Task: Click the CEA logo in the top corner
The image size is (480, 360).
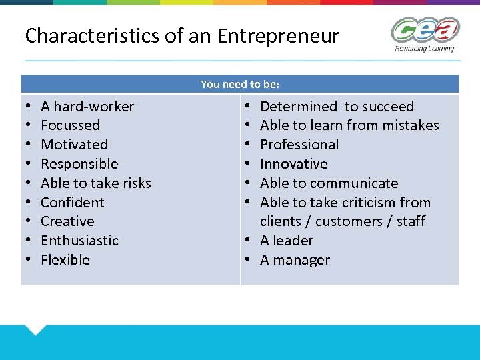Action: pyautogui.click(x=425, y=33)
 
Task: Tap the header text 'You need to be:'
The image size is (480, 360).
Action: pyautogui.click(x=240, y=84)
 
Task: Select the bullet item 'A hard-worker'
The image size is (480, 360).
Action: pyautogui.click(x=87, y=107)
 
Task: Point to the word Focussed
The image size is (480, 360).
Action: pyautogui.click(x=70, y=125)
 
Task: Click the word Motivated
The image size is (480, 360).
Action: pyautogui.click(x=74, y=145)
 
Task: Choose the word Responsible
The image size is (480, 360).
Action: pyautogui.click(x=79, y=164)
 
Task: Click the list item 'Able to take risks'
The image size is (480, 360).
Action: pyautogui.click(x=96, y=183)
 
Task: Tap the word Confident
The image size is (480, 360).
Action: pyautogui.click(x=73, y=203)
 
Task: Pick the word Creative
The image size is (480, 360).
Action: pyautogui.click(x=67, y=221)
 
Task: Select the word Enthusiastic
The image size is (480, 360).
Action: pyautogui.click(x=79, y=241)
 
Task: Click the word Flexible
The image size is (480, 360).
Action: pyautogui.click(x=65, y=260)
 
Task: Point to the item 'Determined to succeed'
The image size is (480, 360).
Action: pyautogui.click(x=337, y=107)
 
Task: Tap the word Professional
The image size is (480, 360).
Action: pyautogui.click(x=299, y=145)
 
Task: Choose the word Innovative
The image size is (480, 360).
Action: pyautogui.click(x=294, y=164)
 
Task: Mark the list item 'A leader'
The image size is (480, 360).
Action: pyautogui.click(x=287, y=241)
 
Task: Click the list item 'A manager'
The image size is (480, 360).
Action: pyautogui.click(x=295, y=260)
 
